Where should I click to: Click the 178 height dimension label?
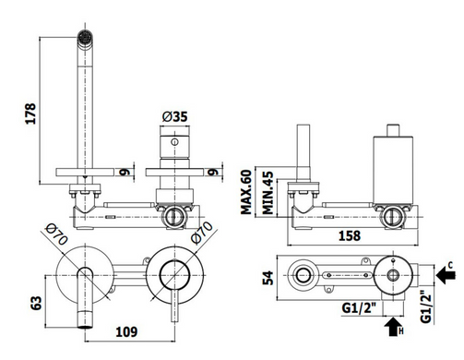[30, 114]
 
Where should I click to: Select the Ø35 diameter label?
[174, 116]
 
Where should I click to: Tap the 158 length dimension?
[350, 235]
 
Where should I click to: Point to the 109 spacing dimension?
[126, 331]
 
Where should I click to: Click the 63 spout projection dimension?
[36, 303]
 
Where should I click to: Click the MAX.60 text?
[246, 192]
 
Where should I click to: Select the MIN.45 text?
[268, 193]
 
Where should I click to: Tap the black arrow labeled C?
[446, 275]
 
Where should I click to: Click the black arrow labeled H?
[393, 327]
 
